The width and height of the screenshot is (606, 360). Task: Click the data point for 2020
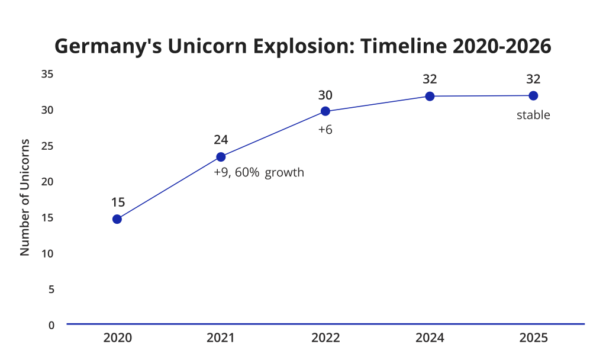[117, 219]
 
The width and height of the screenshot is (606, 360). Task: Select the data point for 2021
[221, 157]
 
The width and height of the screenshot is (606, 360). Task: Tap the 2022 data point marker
[325, 111]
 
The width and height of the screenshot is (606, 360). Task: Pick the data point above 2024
[430, 96]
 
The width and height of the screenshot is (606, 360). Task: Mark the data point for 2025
[533, 96]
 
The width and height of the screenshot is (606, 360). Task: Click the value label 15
[118, 202]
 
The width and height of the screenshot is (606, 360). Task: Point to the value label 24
[221, 140]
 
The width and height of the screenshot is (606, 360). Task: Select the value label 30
[325, 95]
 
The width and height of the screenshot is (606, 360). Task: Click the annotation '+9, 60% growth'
[259, 173]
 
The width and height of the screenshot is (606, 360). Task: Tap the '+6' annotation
[325, 129]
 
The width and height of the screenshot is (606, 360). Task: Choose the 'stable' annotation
[533, 115]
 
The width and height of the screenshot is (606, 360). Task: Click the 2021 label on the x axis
[221, 338]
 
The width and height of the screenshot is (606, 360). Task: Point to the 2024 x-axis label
[430, 338]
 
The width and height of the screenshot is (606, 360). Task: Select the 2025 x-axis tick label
[533, 338]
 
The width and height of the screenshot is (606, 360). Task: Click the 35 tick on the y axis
[48, 74]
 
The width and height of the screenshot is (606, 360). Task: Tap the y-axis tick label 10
[48, 253]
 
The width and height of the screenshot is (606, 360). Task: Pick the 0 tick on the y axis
[51, 325]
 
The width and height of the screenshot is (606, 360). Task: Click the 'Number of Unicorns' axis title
[24, 197]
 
